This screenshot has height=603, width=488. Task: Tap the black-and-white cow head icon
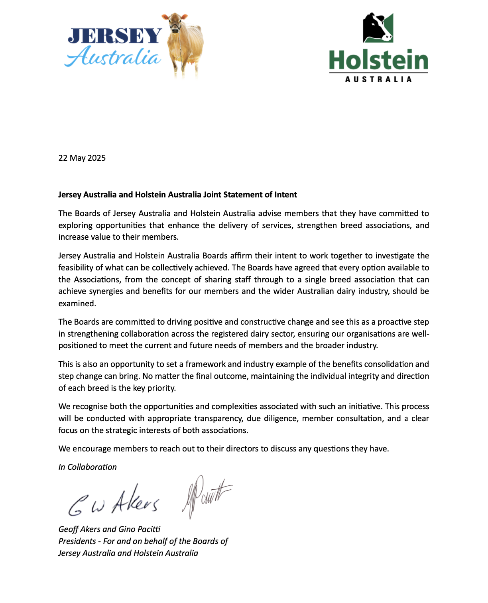pos(378,28)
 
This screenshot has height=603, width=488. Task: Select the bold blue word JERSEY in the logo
pos(115,36)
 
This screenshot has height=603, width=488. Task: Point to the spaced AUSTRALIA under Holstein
pos(378,79)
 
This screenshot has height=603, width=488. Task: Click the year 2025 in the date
pos(96,158)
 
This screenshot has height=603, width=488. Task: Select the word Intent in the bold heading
pos(286,195)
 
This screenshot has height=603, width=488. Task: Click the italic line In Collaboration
pos(87,467)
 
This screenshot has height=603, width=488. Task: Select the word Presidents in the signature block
pos(77,541)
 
